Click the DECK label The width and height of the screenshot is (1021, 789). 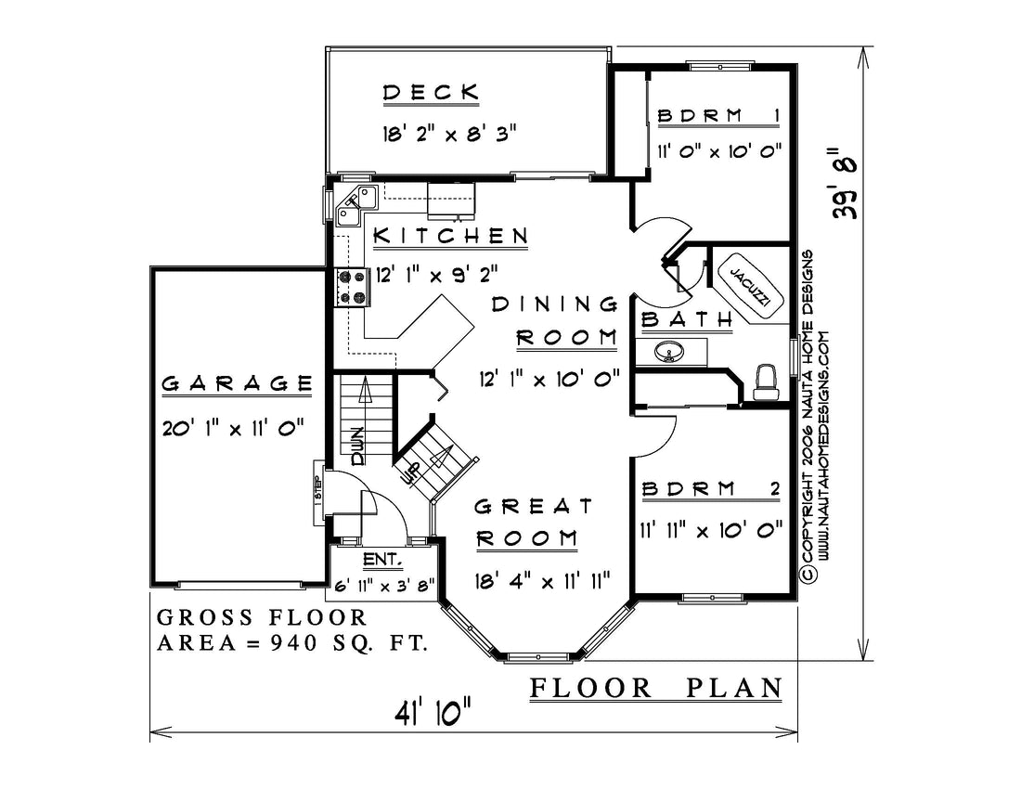[x=431, y=92]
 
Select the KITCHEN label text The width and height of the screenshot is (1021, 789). [x=450, y=235]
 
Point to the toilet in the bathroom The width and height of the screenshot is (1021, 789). [x=765, y=382]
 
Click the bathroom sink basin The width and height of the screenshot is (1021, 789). [x=668, y=352]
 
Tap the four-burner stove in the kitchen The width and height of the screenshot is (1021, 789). [x=353, y=288]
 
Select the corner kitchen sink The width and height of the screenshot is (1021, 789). [x=355, y=204]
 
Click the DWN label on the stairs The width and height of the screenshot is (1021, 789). [x=357, y=446]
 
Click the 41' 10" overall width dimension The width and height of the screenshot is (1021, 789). [x=432, y=712]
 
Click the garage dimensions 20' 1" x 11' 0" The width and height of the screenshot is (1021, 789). [x=233, y=428]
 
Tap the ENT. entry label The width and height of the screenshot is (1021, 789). [x=382, y=560]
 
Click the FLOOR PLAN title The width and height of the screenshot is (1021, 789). [x=656, y=688]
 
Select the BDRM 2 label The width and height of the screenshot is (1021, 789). [x=711, y=489]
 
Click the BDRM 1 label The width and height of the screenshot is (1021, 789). [x=718, y=116]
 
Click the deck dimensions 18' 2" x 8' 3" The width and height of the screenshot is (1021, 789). [x=449, y=134]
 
